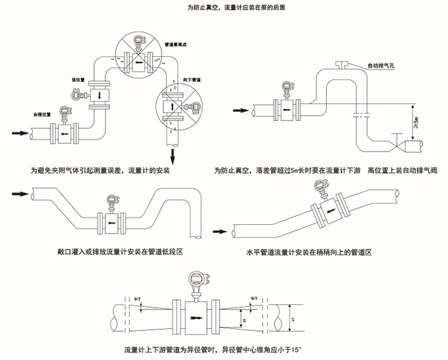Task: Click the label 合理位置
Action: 42,115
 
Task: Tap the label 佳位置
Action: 78,80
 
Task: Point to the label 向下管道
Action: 192,80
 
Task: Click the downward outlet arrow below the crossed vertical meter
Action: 172,155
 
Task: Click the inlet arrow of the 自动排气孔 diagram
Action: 241,111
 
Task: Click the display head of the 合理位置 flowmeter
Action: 64,111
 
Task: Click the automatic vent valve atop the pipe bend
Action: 343,63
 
